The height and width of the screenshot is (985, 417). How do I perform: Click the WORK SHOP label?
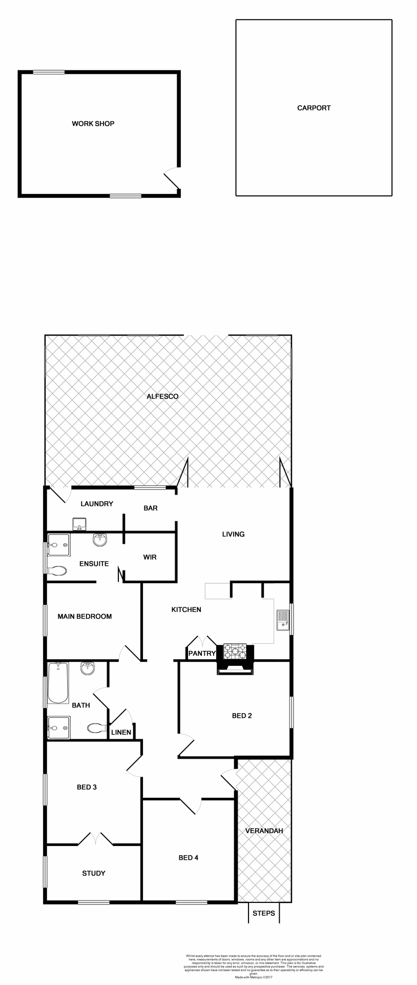93,124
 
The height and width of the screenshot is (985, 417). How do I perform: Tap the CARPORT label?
314,108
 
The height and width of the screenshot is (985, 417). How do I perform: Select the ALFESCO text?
162,397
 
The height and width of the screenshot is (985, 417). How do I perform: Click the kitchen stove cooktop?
235,651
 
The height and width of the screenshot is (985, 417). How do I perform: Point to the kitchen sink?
283,619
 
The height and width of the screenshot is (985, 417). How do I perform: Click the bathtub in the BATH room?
58,683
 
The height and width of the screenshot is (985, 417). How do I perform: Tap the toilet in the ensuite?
57,570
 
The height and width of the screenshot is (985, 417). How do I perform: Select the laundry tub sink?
79,524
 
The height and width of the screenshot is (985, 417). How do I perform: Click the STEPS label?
264,913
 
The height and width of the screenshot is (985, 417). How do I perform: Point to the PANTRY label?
202,653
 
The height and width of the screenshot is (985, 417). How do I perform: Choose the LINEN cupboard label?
121,732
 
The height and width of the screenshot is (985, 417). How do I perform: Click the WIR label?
150,557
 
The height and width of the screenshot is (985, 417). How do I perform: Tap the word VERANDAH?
264,831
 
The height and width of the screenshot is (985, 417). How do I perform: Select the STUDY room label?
94,873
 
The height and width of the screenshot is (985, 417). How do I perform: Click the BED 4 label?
189,857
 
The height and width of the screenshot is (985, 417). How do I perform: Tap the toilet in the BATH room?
96,727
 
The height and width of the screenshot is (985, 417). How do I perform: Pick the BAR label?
151,508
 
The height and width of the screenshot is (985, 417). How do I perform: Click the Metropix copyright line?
254,977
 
